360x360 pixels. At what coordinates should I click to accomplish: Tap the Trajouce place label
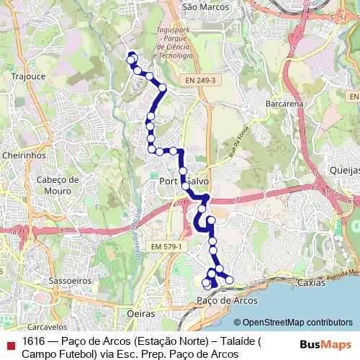28,75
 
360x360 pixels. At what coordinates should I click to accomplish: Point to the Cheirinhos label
24,155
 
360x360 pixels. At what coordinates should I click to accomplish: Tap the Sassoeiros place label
68,280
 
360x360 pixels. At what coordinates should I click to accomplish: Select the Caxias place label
311,284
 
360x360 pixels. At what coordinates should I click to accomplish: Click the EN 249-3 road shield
199,80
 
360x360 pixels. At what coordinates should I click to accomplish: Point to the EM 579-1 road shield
168,247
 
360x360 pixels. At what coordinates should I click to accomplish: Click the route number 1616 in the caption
33,341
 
